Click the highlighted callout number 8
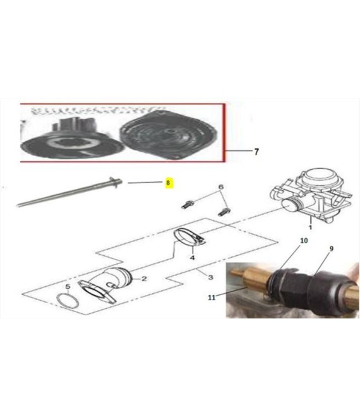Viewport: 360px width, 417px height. click(168, 183)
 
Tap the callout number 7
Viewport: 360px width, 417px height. click(256, 152)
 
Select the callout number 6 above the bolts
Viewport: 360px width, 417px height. click(220, 187)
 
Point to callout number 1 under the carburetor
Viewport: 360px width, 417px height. click(310, 227)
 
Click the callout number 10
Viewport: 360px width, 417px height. click(304, 241)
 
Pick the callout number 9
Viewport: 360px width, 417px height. click(332, 249)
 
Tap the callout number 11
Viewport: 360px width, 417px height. click(212, 297)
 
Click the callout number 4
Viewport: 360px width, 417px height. click(192, 257)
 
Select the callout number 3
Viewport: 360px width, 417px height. click(210, 277)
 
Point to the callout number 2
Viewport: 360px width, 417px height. click(144, 279)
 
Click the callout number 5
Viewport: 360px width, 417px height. click(68, 287)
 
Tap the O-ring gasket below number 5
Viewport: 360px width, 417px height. click(68, 301)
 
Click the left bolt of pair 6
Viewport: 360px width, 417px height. click(188, 205)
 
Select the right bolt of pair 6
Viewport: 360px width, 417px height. click(224, 212)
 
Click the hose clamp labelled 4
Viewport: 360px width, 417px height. click(189, 237)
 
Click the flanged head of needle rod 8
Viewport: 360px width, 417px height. click(116, 183)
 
